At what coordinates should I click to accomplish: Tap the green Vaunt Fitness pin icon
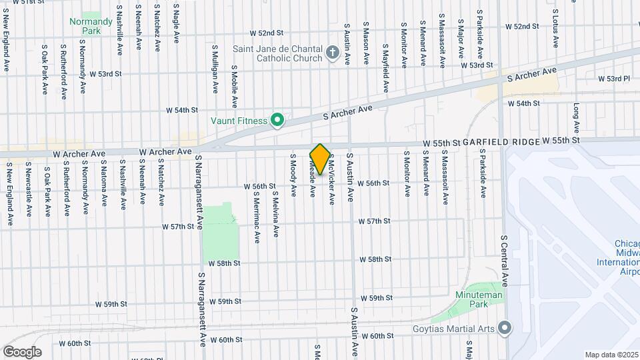click(277, 121)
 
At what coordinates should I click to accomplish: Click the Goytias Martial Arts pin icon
click(505, 327)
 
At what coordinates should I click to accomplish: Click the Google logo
click(22, 351)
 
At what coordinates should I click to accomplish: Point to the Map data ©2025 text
click(611, 355)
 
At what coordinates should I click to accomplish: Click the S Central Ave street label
click(504, 261)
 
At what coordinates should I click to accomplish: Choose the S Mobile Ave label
click(235, 86)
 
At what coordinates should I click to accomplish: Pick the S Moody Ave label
click(293, 175)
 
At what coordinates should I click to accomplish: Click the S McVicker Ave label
click(331, 181)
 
